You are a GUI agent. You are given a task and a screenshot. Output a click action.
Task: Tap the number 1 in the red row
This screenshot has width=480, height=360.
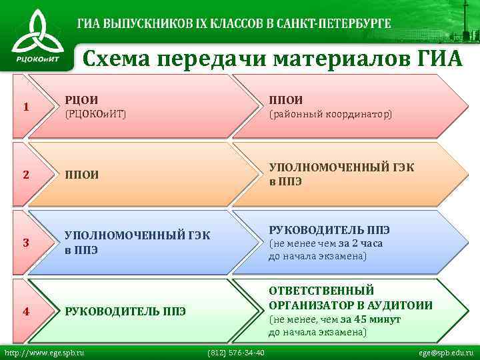[25, 107]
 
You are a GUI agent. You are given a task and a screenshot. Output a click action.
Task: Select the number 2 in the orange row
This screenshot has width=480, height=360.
[25, 175]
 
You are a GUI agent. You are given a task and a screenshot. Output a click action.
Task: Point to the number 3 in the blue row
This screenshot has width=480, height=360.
[25, 242]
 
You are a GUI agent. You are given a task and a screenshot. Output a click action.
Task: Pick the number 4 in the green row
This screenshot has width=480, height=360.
[25, 310]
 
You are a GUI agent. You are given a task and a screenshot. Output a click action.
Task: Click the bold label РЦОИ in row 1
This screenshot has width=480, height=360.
[77, 100]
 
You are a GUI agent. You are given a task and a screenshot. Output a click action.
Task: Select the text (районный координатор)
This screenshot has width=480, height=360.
[331, 114]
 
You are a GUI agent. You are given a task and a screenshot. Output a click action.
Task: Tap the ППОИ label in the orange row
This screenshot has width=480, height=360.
[81, 175]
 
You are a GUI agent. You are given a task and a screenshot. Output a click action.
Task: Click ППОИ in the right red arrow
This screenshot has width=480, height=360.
[285, 100]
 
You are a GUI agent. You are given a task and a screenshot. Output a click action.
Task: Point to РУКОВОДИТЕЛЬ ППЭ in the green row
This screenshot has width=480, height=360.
[125, 311]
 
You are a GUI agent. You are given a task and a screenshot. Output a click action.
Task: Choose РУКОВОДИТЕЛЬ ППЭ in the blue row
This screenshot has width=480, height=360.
[329, 230]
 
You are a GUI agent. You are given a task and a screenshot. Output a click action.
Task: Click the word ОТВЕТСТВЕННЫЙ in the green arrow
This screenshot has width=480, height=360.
[321, 291]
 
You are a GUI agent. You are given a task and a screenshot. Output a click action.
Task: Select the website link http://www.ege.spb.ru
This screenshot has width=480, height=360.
[45, 352]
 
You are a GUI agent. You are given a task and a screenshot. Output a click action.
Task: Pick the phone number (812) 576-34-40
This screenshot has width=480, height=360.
[237, 352]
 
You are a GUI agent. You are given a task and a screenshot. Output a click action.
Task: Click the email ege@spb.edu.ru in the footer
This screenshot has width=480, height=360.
[446, 352]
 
